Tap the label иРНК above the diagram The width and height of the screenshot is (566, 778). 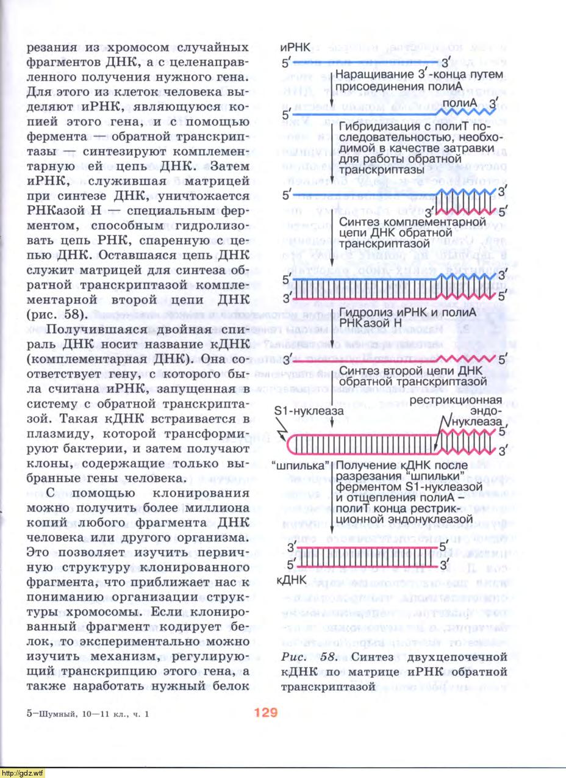point(295,48)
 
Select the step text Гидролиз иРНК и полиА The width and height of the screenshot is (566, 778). point(407,313)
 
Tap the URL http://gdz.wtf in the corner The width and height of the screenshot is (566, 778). point(23,773)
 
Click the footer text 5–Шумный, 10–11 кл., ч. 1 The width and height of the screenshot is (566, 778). point(88,713)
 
